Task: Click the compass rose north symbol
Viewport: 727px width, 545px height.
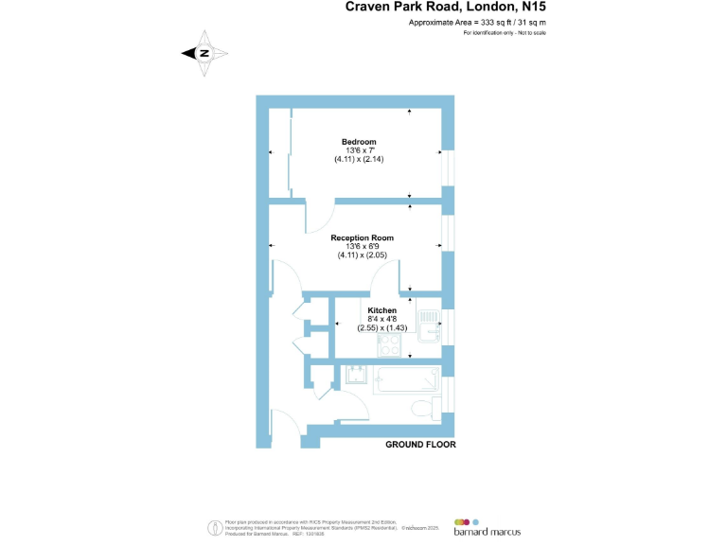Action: [x=204, y=54]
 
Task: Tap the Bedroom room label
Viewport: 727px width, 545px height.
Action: [x=359, y=142]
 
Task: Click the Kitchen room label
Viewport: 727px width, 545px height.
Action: [x=381, y=310]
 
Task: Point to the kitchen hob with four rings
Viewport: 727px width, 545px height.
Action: [x=389, y=343]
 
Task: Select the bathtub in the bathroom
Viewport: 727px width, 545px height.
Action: [x=405, y=380]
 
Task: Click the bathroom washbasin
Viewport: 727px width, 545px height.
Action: [x=357, y=375]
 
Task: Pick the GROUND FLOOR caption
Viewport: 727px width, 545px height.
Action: [x=420, y=445]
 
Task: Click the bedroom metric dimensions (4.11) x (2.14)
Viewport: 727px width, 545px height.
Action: [x=359, y=159]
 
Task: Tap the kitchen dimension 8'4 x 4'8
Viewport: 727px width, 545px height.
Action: [x=381, y=319]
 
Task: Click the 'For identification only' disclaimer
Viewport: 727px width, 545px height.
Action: [x=505, y=33]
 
